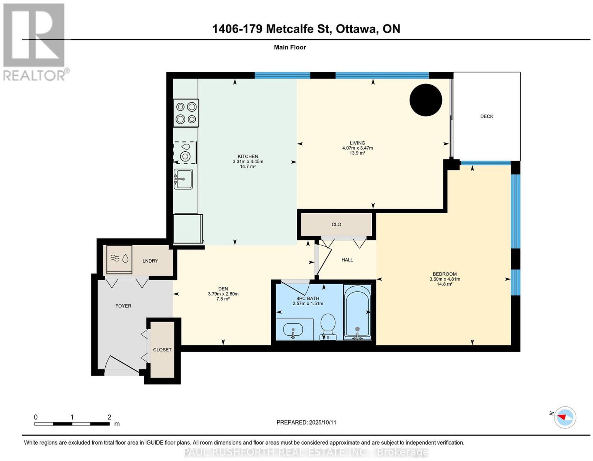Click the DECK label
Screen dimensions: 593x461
(487, 116)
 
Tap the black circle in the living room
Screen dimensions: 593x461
(425, 100)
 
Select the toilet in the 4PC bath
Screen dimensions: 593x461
(328, 326)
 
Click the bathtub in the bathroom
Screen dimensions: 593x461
(357, 312)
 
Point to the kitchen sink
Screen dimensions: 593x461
(183, 179)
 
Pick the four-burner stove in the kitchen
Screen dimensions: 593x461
(186, 113)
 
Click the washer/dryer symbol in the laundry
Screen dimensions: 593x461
(119, 259)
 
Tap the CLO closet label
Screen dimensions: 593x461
(336, 224)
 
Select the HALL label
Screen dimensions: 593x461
(347, 260)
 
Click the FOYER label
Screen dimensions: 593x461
(123, 306)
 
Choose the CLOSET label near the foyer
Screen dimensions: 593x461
(162, 350)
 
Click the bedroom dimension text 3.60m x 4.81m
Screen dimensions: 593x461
(445, 279)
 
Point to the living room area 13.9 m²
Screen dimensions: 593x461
(358, 153)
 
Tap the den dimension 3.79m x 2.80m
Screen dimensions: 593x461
(223, 294)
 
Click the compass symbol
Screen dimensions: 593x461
(565, 425)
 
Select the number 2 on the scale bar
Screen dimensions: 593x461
(109, 417)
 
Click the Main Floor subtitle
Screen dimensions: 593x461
(290, 47)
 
